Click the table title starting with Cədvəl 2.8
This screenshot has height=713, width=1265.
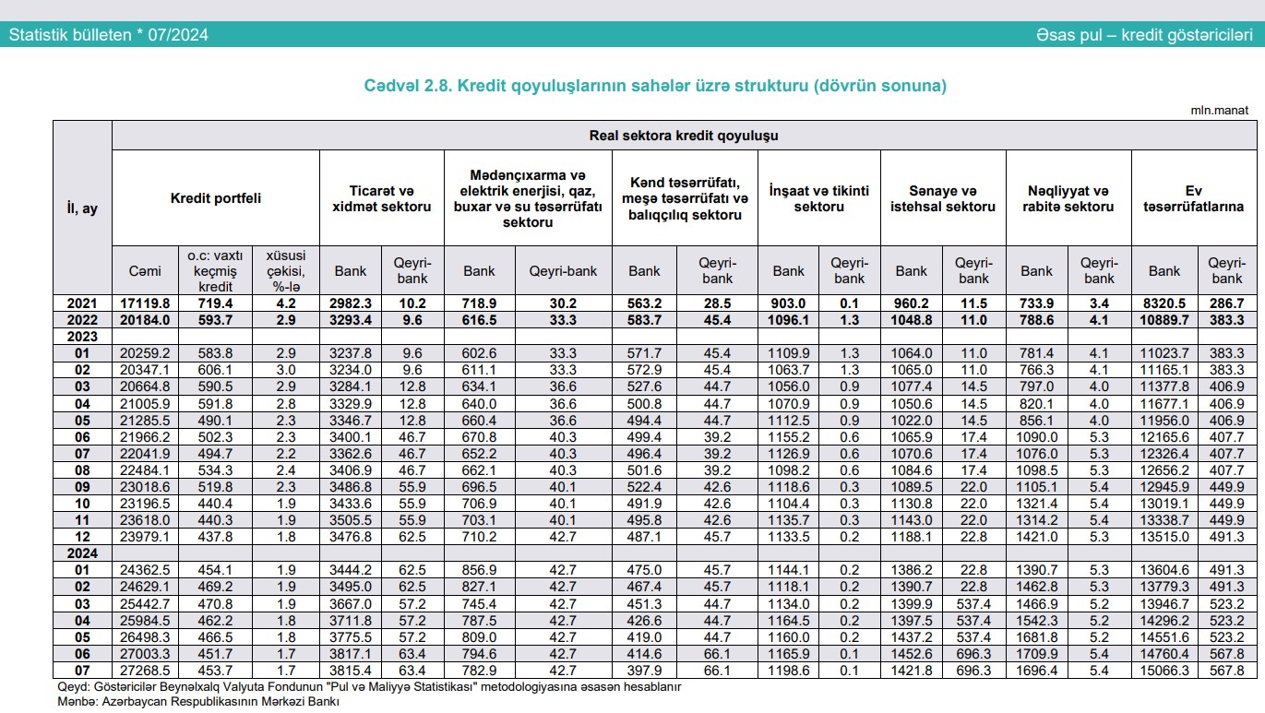point(656,86)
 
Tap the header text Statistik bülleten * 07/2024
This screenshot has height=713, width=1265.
point(109,35)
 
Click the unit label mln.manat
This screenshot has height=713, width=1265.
point(1219,110)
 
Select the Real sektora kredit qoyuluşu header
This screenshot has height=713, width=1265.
point(683,136)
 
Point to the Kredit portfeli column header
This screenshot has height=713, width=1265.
point(216,198)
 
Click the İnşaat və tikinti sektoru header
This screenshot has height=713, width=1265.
point(819,198)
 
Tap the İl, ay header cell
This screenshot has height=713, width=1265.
point(82,208)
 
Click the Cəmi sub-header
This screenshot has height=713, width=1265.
point(144,271)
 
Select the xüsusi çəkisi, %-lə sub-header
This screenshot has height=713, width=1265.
point(285,271)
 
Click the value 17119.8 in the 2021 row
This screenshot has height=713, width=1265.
point(144,303)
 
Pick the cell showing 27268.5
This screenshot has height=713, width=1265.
point(144,670)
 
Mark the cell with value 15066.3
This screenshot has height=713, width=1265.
point(1164,670)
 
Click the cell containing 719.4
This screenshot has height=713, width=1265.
point(216,303)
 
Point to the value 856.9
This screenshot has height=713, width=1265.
point(479,570)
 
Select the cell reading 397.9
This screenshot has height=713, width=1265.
point(644,670)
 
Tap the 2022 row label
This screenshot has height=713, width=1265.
point(82,320)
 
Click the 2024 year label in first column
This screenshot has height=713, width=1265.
point(82,553)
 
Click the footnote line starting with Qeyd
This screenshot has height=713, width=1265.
point(369,686)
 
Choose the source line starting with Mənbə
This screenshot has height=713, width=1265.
point(198,702)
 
